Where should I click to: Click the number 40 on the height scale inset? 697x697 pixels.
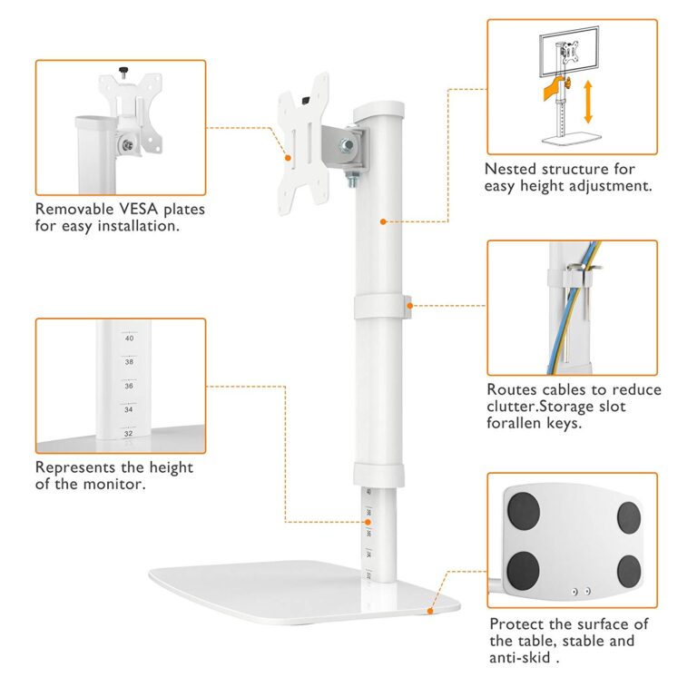point(130,339)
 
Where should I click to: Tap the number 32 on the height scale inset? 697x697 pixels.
point(129,434)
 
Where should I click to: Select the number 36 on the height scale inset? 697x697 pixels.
point(129,386)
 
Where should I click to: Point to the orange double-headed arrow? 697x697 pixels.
point(588,102)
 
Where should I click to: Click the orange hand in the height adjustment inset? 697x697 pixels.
point(555,89)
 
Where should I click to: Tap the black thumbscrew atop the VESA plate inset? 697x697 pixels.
point(123,70)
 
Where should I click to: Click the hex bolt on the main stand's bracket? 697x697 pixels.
point(347,145)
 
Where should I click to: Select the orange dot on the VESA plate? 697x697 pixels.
point(288,158)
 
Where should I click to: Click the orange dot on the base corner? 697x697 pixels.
point(430,611)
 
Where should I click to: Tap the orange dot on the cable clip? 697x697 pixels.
point(410,305)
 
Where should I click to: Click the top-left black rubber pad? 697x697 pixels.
point(524,511)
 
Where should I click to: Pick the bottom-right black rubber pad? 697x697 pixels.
point(630,572)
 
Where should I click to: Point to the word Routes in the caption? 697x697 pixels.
point(511,389)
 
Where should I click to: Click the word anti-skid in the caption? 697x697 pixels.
point(520,657)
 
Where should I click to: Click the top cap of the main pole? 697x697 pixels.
point(378,109)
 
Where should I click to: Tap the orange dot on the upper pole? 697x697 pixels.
point(383,221)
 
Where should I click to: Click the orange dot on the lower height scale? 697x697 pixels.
point(368,522)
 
